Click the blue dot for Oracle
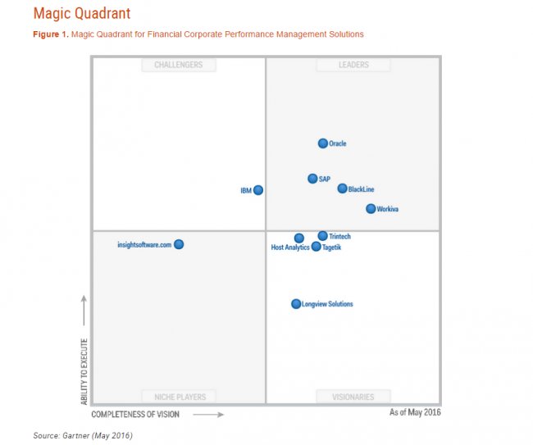[323, 143]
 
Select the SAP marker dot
[312, 179]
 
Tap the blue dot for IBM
[258, 190]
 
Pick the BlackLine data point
[343, 188]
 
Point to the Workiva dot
[371, 209]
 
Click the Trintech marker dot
[323, 236]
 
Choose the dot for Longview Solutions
[296, 304]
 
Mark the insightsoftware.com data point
[179, 244]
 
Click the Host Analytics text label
[290, 247]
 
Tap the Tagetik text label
[332, 247]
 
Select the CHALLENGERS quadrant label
[178, 65]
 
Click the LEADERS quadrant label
[353, 65]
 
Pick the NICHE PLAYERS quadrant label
[179, 397]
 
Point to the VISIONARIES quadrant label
[353, 397]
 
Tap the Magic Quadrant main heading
[81, 14]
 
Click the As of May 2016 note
[415, 412]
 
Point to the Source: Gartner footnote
[82, 435]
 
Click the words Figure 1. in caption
[51, 34]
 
